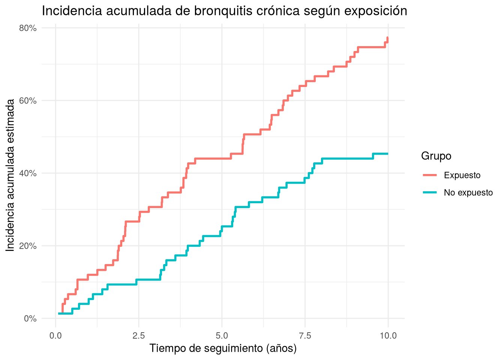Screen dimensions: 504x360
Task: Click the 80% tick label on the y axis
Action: pyautogui.click(x=28, y=28)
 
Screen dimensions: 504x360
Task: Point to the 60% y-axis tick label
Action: pyautogui.click(x=28, y=101)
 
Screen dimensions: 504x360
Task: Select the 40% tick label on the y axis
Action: pyautogui.click(x=28, y=174)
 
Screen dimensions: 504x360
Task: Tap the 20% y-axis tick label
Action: pyautogui.click(x=28, y=246)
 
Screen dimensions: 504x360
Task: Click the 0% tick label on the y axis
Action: pyautogui.click(x=30, y=319)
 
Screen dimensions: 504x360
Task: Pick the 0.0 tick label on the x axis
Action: pyautogui.click(x=55, y=336)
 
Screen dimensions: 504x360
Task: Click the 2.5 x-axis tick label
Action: pyautogui.click(x=139, y=336)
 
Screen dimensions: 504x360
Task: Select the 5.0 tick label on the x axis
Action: pyautogui.click(x=222, y=336)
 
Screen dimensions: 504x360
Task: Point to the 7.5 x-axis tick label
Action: pyautogui.click(x=305, y=336)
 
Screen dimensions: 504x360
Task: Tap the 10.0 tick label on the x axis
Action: pyautogui.click(x=388, y=336)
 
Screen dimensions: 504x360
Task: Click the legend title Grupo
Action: pyautogui.click(x=436, y=156)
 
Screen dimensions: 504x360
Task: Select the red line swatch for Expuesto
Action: pyautogui.click(x=430, y=175)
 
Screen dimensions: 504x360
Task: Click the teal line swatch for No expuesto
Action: pyautogui.click(x=430, y=192)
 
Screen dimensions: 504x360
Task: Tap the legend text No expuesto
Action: pyautogui.click(x=468, y=193)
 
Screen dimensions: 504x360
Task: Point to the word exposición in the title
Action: pyautogui.click(x=376, y=11)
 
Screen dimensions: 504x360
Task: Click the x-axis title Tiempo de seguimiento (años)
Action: pyautogui.click(x=223, y=348)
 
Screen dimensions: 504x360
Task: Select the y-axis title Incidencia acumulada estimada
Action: pyautogui.click(x=10, y=175)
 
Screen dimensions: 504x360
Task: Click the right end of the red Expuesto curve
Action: pyautogui.click(x=387, y=37)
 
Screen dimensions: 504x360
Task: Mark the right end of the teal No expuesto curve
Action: pyautogui.click(x=388, y=154)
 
